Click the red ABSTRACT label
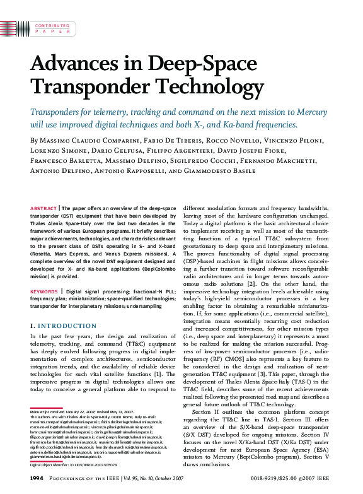(43, 208)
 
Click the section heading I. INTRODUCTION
(59, 326)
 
